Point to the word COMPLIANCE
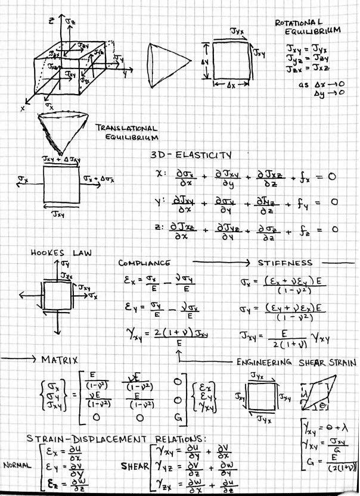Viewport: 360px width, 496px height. click(144, 263)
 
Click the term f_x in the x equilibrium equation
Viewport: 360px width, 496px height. click(290, 177)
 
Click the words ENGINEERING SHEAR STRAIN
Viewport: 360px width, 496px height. click(289, 361)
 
